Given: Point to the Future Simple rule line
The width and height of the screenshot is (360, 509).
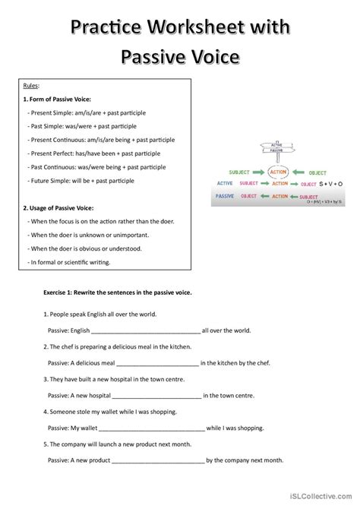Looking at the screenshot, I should (81, 181).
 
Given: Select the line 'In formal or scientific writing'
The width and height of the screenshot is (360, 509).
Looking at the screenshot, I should (69, 262).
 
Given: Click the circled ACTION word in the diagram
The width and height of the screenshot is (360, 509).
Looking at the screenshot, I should (279, 172).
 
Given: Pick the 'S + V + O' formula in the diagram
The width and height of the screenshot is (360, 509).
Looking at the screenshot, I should (330, 183).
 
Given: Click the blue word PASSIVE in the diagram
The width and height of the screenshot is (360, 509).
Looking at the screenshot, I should (225, 195).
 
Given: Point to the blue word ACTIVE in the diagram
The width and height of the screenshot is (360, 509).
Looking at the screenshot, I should (225, 183).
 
